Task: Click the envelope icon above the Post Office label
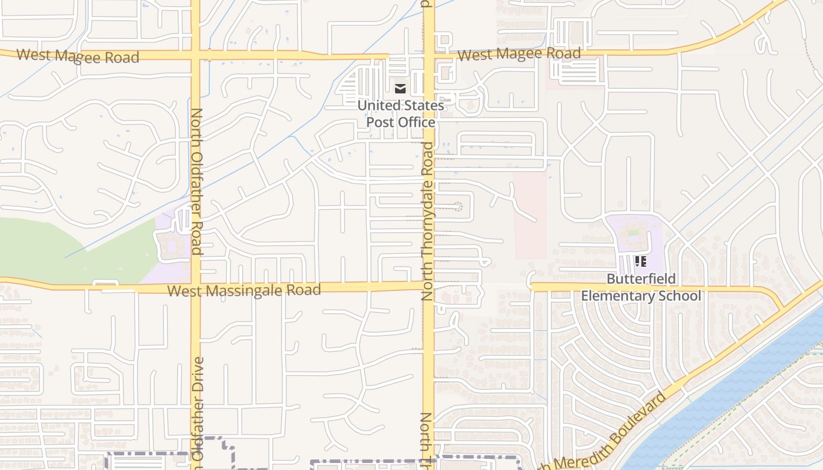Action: [400, 89]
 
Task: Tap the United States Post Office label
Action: [400, 114]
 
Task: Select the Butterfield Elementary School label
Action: [641, 287]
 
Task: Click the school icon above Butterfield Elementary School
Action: [641, 261]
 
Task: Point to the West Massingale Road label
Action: [244, 290]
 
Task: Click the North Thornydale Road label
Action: [427, 221]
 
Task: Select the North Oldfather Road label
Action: [196, 181]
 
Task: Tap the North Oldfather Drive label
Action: [198, 408]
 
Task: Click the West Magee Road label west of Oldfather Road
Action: [78, 56]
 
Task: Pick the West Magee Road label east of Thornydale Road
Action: [519, 54]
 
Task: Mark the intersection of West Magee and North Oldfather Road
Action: [195, 55]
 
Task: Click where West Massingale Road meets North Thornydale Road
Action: [429, 286]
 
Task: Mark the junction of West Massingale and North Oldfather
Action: [195, 288]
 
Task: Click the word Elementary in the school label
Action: [624, 296]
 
